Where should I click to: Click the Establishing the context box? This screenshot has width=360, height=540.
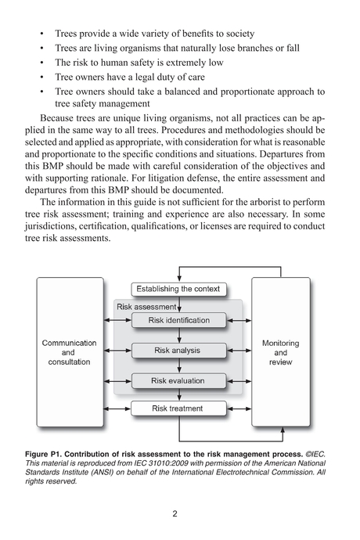[x=180, y=290]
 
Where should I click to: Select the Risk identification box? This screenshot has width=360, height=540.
[x=179, y=320]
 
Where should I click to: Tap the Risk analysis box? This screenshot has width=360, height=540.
[x=179, y=350]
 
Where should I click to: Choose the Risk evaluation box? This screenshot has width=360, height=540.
[x=179, y=380]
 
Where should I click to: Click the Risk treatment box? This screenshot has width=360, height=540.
[x=179, y=408]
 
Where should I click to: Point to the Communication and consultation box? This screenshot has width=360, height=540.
[x=69, y=353]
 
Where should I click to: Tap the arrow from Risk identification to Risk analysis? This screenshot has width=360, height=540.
[x=179, y=335]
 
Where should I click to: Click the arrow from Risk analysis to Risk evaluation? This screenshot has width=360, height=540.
[x=179, y=365]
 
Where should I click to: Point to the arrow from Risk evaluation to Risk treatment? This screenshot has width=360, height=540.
[x=179, y=394]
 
